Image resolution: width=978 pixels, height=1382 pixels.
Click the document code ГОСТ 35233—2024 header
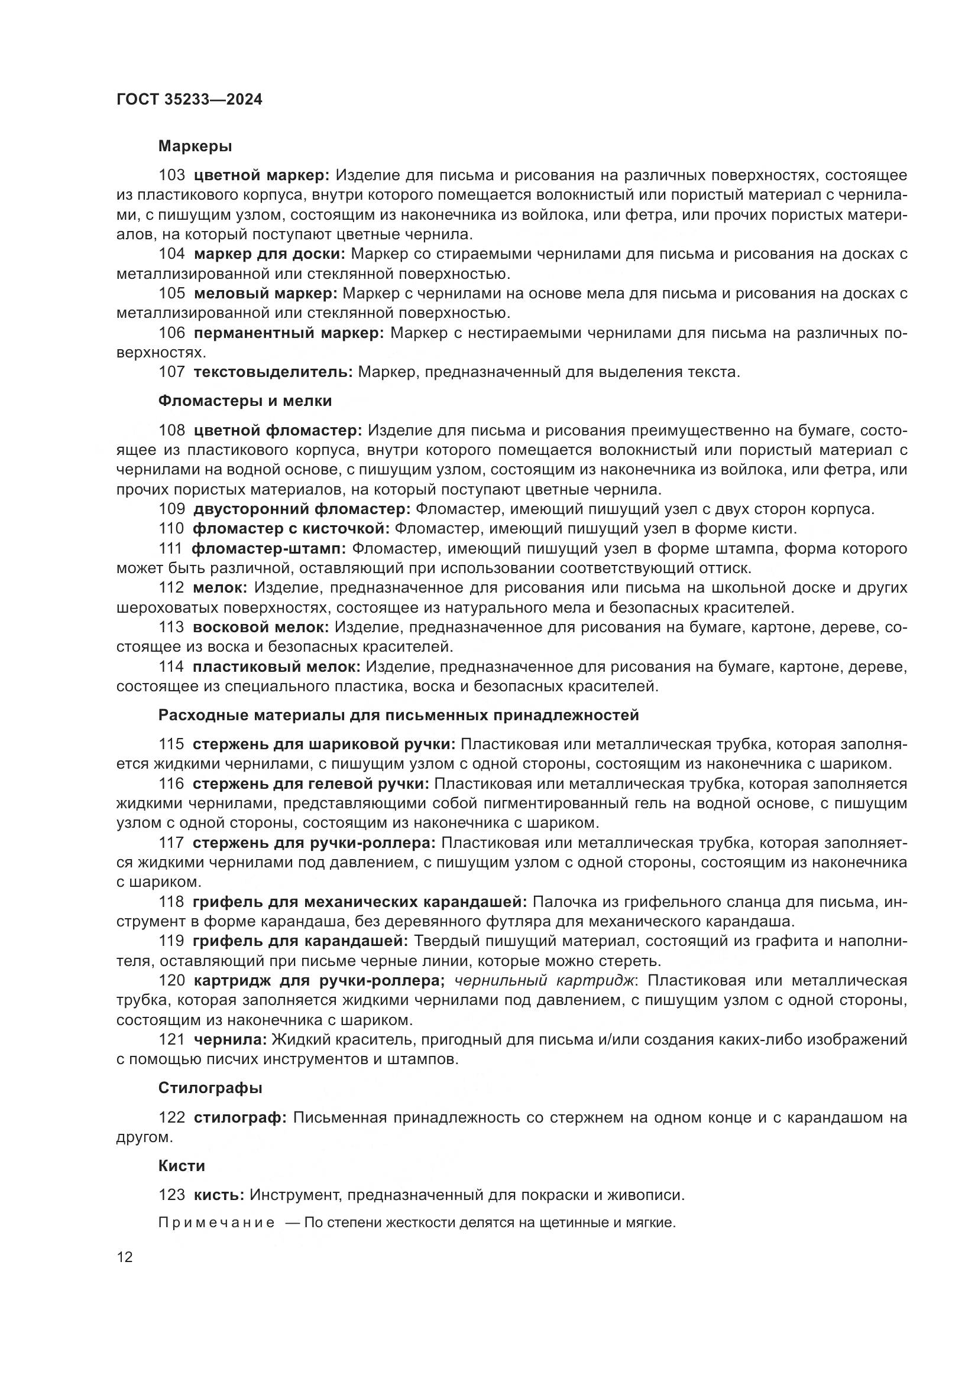point(189,100)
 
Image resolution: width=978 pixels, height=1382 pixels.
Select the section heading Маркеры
point(195,147)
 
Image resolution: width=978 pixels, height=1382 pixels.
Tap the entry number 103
point(171,175)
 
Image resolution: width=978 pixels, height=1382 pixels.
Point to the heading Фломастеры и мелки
point(245,401)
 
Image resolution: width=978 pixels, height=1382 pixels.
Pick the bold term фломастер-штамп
point(268,549)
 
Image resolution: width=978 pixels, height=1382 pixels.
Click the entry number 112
point(171,587)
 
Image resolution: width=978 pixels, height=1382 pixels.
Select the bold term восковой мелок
point(261,627)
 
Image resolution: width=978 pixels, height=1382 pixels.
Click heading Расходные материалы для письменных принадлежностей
point(398,715)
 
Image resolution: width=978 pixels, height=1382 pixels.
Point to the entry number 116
point(171,783)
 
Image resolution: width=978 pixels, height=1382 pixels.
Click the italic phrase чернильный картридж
point(545,981)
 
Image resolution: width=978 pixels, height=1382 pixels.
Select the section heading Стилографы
point(210,1088)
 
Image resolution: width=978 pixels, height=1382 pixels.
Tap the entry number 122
point(171,1118)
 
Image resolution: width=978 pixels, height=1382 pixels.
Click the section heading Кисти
point(182,1166)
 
